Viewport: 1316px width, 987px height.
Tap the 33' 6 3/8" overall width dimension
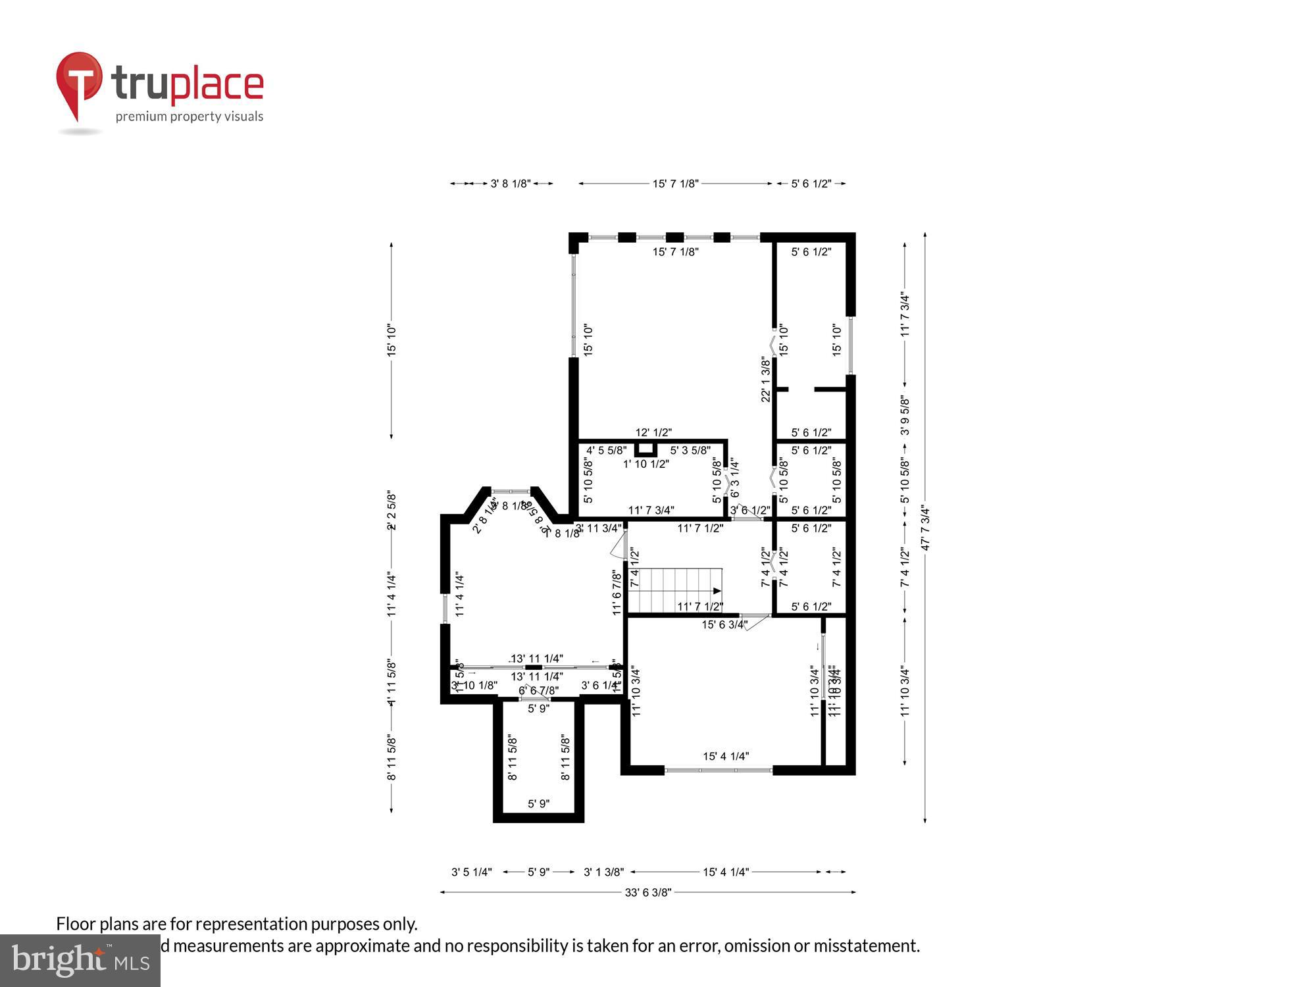(x=647, y=892)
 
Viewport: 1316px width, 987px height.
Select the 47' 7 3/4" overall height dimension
(x=925, y=527)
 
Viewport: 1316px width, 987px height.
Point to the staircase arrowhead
(x=717, y=591)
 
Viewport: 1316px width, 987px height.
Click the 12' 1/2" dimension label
(x=653, y=432)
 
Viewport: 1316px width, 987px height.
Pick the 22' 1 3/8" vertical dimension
(x=766, y=379)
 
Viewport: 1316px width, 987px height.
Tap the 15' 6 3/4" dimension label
(x=724, y=624)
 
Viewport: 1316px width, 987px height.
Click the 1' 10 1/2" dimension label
(x=646, y=464)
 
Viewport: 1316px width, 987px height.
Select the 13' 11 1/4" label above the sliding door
(x=537, y=659)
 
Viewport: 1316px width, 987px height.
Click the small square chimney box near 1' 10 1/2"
(x=645, y=449)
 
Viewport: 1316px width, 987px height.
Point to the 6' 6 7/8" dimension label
(x=539, y=690)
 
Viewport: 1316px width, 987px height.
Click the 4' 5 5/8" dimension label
(x=607, y=451)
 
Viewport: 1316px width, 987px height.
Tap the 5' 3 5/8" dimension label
(x=690, y=451)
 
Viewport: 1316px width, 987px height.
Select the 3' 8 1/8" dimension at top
(x=511, y=184)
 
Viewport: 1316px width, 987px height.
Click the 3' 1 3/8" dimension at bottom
(x=604, y=872)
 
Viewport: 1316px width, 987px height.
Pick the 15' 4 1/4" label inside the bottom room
(x=726, y=757)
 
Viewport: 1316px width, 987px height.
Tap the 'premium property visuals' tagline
(x=190, y=117)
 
